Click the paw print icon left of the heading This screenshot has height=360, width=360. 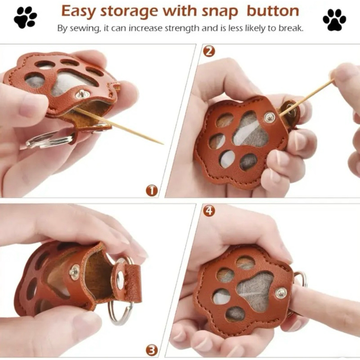pos(25,17)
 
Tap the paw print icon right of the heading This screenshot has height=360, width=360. pos(334,20)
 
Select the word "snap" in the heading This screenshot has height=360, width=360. pos(220,12)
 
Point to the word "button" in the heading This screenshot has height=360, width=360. pos(273,11)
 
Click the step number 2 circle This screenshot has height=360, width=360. pos(209,51)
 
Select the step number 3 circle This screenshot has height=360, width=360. pos(152,351)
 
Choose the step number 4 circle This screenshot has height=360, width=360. pos(209,211)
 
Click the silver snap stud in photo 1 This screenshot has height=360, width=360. pos(81,94)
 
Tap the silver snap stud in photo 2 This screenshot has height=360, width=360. pos(269,117)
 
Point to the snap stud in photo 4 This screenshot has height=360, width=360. pos(281,293)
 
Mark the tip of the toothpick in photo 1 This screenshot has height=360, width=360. pos(163,144)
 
